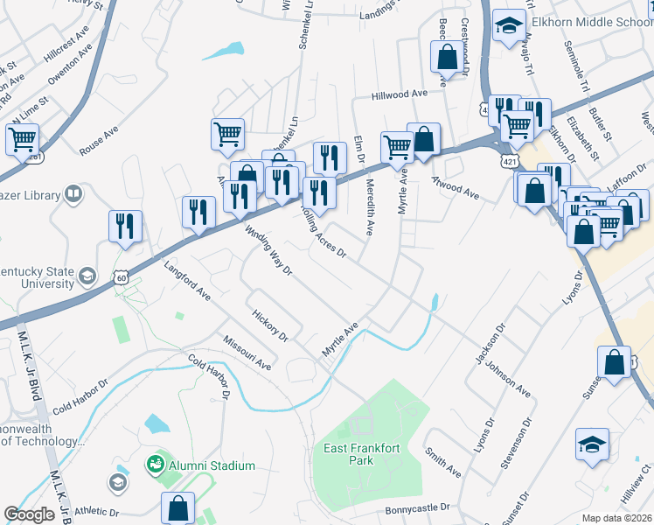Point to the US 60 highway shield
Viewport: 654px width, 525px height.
coord(120,277)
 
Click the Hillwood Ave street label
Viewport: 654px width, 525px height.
coord(398,94)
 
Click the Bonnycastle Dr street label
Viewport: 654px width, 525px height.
coord(416,507)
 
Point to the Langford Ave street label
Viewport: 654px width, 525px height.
coord(186,278)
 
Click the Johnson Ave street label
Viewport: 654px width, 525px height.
coord(509,379)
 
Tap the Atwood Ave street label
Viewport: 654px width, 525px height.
coord(456,186)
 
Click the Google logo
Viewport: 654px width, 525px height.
coord(29,514)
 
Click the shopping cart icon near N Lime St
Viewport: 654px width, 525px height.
coord(22,139)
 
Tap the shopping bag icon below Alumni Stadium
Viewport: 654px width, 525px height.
coord(177,508)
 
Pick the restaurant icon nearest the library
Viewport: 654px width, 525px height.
coord(126,226)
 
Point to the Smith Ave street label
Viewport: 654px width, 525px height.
coord(443,461)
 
